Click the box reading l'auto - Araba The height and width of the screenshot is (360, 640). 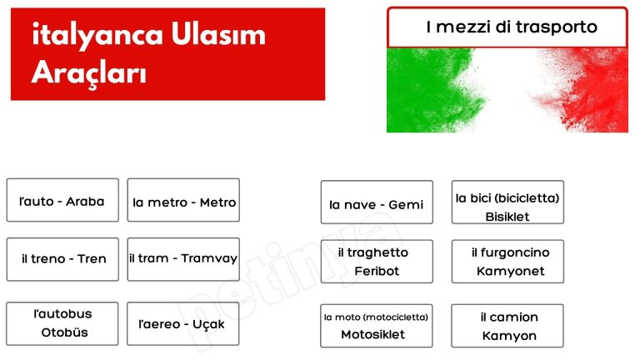[x=62, y=201]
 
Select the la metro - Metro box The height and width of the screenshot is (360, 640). [x=183, y=201]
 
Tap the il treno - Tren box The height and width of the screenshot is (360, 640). [x=62, y=258]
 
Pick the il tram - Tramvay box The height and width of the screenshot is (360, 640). [x=183, y=258]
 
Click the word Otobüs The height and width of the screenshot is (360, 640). [x=64, y=332]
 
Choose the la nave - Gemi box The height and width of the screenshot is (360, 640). [x=377, y=203]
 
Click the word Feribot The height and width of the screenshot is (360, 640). [x=377, y=272]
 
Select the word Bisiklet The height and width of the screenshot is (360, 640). [x=507, y=217]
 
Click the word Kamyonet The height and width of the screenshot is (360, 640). [x=510, y=272]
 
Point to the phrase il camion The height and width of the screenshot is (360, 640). [x=508, y=317]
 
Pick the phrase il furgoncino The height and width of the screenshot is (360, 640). [x=510, y=252]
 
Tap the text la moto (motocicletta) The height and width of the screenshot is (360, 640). [x=377, y=317]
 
